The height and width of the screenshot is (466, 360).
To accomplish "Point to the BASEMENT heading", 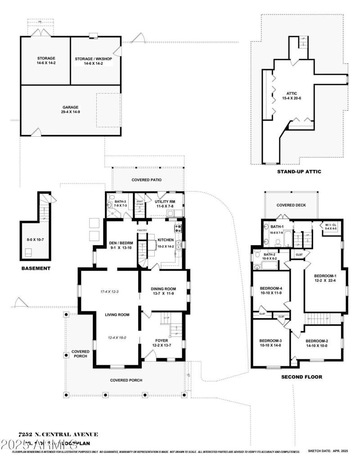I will [x=36, y=269].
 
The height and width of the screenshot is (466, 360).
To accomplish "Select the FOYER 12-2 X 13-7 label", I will [x=162, y=343].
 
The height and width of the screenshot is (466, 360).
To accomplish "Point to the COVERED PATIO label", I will [x=146, y=180].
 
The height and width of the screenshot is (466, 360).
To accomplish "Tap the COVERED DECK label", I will [x=291, y=205].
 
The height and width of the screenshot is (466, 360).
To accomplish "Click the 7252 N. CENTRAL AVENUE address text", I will [x=58, y=435].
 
